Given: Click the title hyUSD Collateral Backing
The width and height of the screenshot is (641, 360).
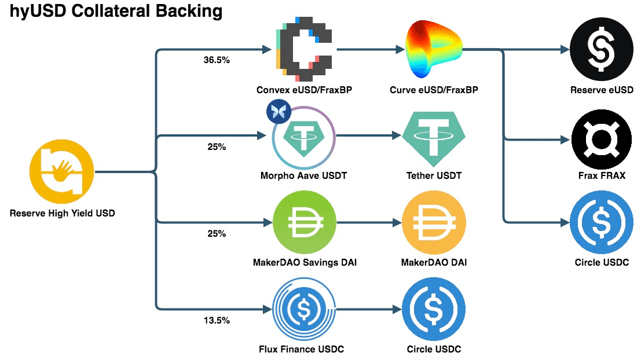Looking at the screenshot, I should point(116,11).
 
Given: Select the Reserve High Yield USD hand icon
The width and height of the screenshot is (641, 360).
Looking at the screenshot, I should point(62,171).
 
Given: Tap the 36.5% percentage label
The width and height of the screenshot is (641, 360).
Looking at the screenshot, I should point(217,60).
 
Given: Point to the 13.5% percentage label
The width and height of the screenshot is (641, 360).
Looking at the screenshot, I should point(217,320).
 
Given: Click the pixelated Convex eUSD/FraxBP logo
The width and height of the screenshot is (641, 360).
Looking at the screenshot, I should point(303,50).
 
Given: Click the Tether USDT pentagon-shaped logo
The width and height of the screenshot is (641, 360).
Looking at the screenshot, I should point(434,137).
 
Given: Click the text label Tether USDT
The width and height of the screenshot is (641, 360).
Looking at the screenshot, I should point(434,176).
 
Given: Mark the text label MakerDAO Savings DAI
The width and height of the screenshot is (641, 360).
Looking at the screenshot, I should point(305,263).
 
